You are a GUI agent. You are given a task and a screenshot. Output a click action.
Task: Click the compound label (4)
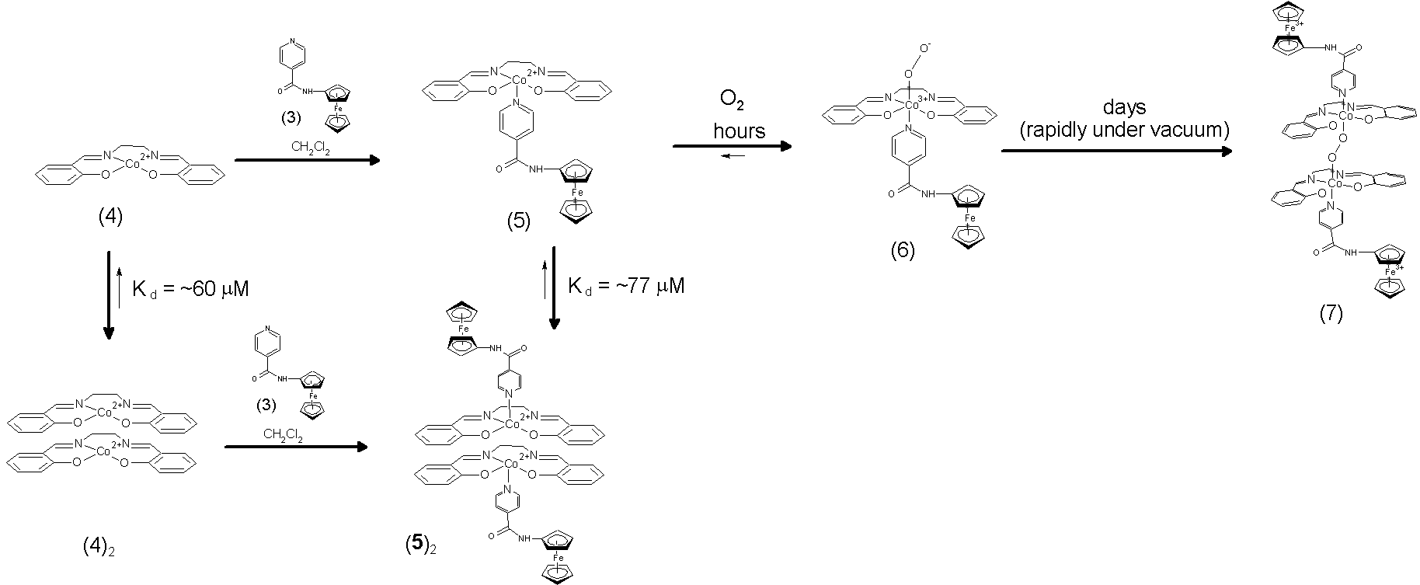[x=110, y=217]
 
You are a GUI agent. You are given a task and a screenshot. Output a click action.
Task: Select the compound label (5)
[x=518, y=221]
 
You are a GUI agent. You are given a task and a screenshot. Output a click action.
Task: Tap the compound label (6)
[x=903, y=250]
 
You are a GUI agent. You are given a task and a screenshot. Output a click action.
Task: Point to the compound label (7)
[x=1330, y=314]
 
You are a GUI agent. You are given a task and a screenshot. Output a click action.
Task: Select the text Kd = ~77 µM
[x=626, y=286]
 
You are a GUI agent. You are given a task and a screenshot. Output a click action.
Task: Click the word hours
[x=739, y=131]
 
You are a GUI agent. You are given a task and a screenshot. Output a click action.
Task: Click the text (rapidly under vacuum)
[x=1124, y=131]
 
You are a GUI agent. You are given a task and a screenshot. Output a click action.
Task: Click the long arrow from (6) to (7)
[x=1116, y=151]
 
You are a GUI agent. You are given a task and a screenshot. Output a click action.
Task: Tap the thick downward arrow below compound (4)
[x=109, y=295]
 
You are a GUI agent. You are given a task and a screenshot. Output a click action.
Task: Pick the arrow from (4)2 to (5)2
[x=295, y=447]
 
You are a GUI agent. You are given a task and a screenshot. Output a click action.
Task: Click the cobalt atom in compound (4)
[x=132, y=165]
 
